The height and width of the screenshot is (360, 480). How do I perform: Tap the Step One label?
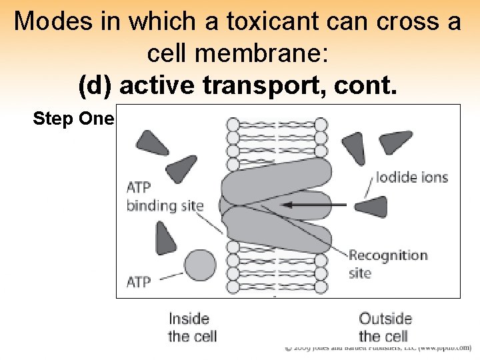(x=74, y=119)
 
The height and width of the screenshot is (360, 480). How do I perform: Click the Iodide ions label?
(x=411, y=177)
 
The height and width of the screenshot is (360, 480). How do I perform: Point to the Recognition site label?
(x=387, y=263)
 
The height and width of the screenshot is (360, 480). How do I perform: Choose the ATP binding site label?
(x=165, y=197)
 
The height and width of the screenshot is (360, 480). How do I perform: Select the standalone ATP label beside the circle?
(x=139, y=282)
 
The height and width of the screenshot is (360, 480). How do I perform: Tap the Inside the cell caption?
(x=192, y=327)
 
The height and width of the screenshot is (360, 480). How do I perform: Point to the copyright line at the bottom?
(x=377, y=347)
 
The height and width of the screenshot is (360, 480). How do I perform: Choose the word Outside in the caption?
(x=385, y=319)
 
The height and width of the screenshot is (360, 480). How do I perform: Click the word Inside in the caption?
(x=189, y=319)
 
